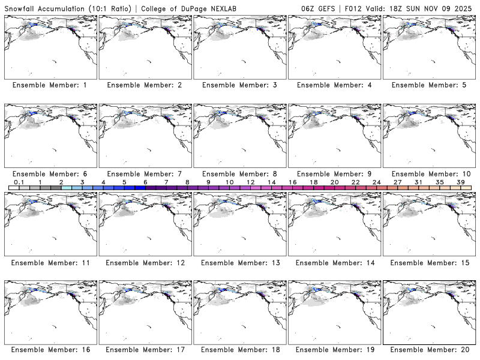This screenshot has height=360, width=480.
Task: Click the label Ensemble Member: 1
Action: (49, 85)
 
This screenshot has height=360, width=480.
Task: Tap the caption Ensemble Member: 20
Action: (429, 350)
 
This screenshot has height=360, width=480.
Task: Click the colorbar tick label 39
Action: (461, 182)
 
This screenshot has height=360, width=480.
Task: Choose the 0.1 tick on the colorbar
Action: (19, 182)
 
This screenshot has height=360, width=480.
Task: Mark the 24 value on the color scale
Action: (376, 182)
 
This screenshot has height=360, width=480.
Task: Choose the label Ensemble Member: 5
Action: (429, 85)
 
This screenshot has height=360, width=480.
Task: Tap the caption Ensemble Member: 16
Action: (49, 350)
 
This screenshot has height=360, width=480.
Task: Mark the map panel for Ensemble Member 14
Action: (334, 224)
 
